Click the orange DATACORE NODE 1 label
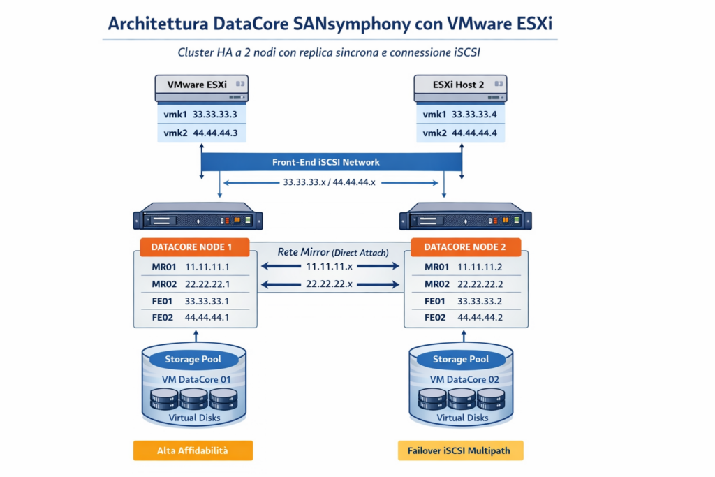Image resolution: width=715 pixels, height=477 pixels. point(195,247)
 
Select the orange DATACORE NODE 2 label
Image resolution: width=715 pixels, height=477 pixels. point(466,247)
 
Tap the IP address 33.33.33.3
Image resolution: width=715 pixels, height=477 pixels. point(215,115)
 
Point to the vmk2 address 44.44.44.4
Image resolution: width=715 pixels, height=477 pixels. point(474,133)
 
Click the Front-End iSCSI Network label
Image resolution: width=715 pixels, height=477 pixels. point(326,162)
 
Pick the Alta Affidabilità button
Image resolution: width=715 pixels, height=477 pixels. point(193,450)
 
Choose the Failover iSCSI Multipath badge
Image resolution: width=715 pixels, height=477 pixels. point(461,450)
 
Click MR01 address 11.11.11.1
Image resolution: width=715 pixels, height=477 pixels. point(207,267)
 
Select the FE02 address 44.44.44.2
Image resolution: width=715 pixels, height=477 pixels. point(480,317)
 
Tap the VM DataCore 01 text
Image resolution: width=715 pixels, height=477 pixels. point(196,379)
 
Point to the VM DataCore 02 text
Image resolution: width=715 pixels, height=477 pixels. point(464,379)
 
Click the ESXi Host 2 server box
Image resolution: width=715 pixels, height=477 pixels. point(461,88)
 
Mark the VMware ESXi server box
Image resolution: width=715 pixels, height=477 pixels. point(202,88)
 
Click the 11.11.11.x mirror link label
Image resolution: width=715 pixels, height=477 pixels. point(330,266)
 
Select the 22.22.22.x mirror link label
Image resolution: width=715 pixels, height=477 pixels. point(330,284)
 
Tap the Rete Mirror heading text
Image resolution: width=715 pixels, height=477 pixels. point(303,252)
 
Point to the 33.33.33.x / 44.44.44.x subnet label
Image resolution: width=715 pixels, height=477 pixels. point(330,182)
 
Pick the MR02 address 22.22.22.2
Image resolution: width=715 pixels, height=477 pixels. point(480,284)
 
